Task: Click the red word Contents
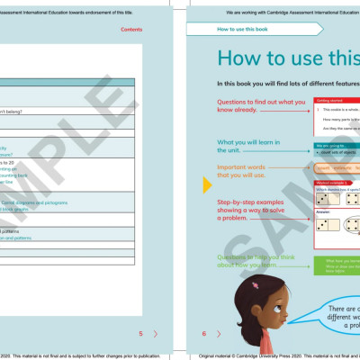click(131, 30)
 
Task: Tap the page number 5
click(140, 334)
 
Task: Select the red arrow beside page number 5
click(155, 334)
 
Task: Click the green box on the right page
click(337, 265)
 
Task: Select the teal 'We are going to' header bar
click(337, 144)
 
